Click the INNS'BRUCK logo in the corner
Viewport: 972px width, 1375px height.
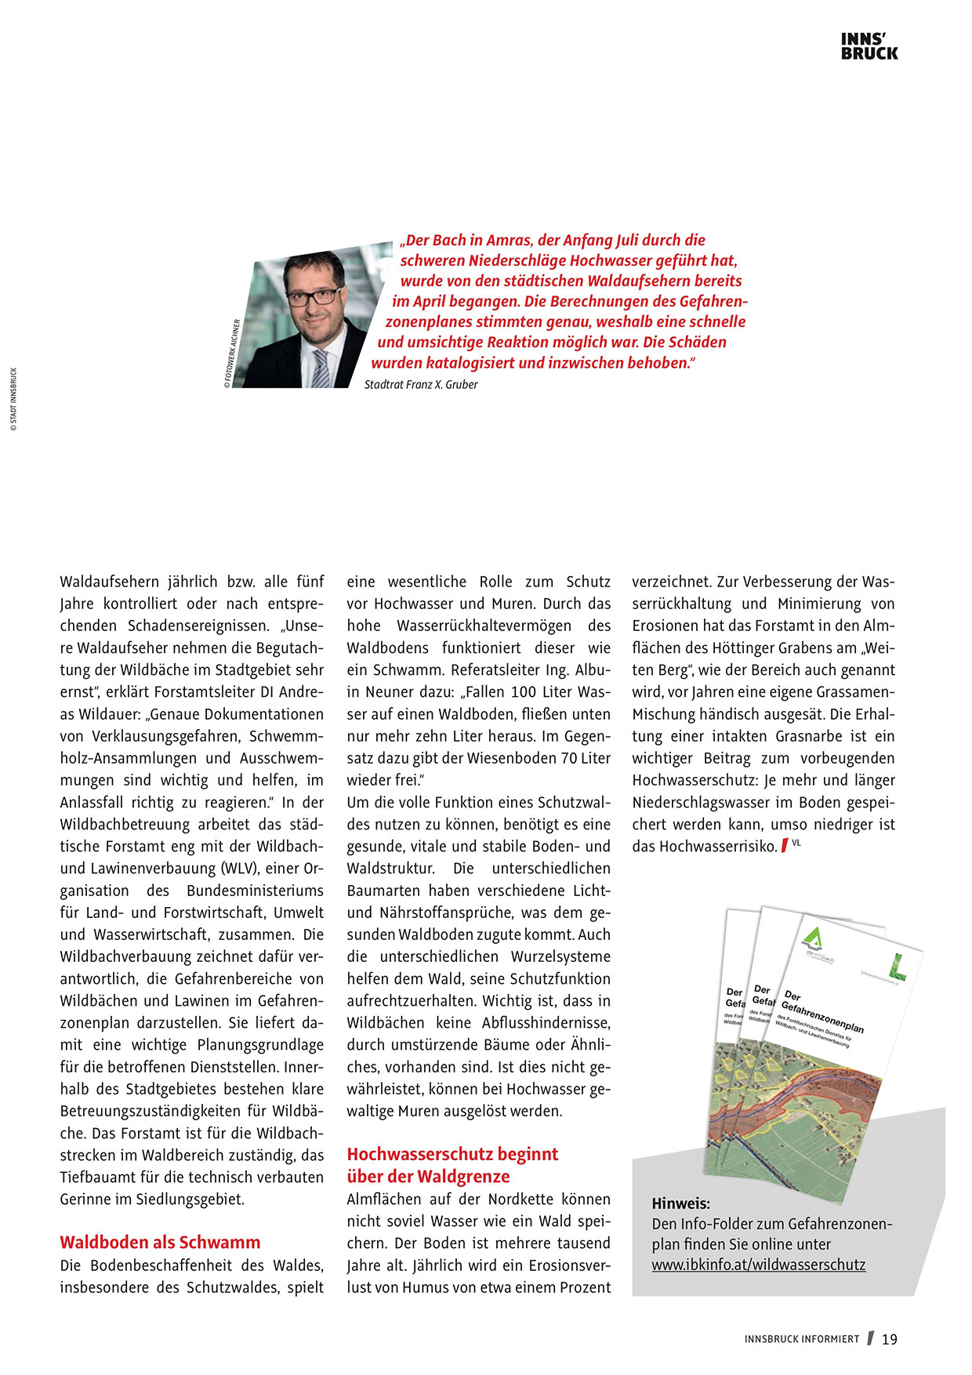click(869, 46)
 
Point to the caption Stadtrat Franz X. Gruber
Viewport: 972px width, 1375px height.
click(421, 385)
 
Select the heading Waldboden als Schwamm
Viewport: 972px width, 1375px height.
click(160, 1243)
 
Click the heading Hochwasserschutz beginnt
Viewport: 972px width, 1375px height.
click(452, 1154)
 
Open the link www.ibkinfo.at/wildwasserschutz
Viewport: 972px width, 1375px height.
click(758, 1264)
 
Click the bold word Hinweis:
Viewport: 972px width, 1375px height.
click(680, 1203)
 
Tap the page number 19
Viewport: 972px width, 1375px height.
click(889, 1340)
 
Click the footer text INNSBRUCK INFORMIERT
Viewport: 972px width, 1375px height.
click(802, 1340)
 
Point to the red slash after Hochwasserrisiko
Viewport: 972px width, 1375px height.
click(784, 847)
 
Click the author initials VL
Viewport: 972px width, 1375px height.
click(796, 843)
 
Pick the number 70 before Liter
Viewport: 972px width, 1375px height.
click(569, 758)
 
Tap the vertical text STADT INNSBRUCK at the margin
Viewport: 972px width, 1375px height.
click(13, 400)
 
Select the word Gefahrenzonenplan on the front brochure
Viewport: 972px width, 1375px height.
click(822, 1017)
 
